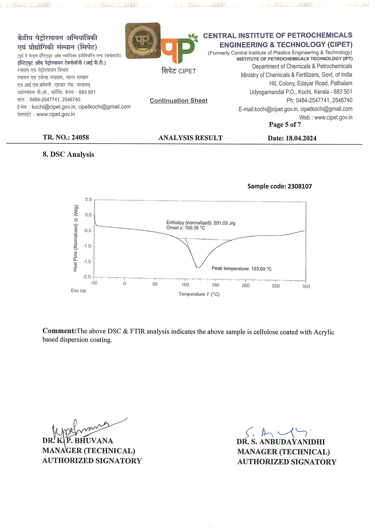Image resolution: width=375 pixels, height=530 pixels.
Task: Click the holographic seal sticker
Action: click(143, 41)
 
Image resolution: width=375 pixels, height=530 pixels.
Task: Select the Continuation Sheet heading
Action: click(178, 101)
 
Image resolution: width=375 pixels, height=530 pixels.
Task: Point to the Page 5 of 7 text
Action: click(285, 124)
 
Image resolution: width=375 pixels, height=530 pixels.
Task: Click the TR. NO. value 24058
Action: click(80, 137)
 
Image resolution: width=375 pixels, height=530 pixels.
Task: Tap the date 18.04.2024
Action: click(301, 138)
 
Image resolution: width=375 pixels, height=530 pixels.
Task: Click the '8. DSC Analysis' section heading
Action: click(68, 154)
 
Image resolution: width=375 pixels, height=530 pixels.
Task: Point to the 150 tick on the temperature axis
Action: click(215, 285)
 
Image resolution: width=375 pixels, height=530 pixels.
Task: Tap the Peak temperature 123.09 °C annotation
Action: click(241, 269)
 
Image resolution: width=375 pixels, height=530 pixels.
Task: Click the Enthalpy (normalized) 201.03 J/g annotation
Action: click(201, 223)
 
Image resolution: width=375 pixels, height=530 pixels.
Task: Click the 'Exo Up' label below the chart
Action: click(78, 290)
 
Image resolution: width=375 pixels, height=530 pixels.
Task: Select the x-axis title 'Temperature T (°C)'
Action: click(199, 294)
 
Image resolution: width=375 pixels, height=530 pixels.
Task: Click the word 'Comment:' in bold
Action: click(59, 331)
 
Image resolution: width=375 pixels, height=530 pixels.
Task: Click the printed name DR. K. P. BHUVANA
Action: click(78, 441)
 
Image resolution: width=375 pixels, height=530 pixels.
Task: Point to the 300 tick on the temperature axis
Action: click(306, 286)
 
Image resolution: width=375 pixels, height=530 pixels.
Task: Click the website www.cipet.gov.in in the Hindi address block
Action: click(56, 114)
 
